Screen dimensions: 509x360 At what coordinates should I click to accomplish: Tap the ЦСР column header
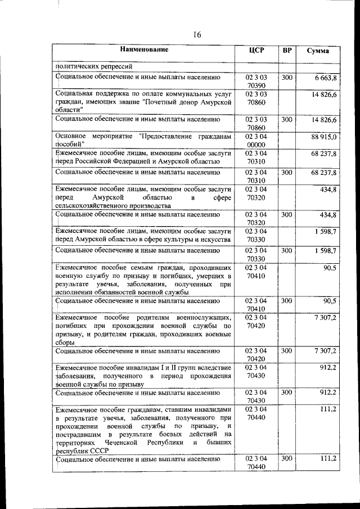pyautogui.click(x=256, y=50)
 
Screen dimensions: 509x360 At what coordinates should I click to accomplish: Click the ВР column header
pyautogui.click(x=287, y=50)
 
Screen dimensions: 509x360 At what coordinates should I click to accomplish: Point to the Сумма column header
pyautogui.click(x=318, y=51)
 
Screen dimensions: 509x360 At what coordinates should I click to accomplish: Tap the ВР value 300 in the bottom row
pyautogui.click(x=287, y=459)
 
